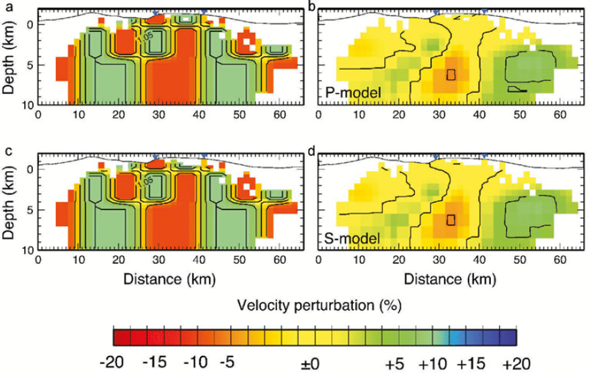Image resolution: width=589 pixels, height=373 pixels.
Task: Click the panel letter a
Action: [x=7, y=7]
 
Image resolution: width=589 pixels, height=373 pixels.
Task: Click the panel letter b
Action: [x=312, y=7]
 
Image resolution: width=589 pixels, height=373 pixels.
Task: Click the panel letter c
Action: [x=7, y=151]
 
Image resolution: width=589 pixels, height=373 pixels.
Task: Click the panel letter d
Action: [x=312, y=151]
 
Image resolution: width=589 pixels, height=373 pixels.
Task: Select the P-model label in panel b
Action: [x=353, y=92]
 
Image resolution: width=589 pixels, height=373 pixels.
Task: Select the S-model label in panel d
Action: [x=353, y=238]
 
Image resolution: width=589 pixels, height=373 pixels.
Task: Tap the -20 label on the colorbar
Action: [x=112, y=362]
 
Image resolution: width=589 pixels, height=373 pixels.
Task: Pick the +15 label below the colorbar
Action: [x=471, y=362]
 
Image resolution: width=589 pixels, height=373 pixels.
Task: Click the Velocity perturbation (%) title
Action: [x=319, y=305]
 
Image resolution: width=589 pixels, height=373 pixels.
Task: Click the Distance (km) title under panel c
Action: [x=169, y=279]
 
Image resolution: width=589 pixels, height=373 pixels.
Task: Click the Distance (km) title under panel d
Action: [x=450, y=279]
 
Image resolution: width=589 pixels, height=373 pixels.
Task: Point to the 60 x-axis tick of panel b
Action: [x=560, y=115]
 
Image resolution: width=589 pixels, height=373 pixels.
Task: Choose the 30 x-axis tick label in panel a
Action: [x=159, y=115]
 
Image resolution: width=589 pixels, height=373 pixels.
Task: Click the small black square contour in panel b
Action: [x=451, y=74]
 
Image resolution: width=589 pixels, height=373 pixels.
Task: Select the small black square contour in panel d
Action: [x=451, y=220]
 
